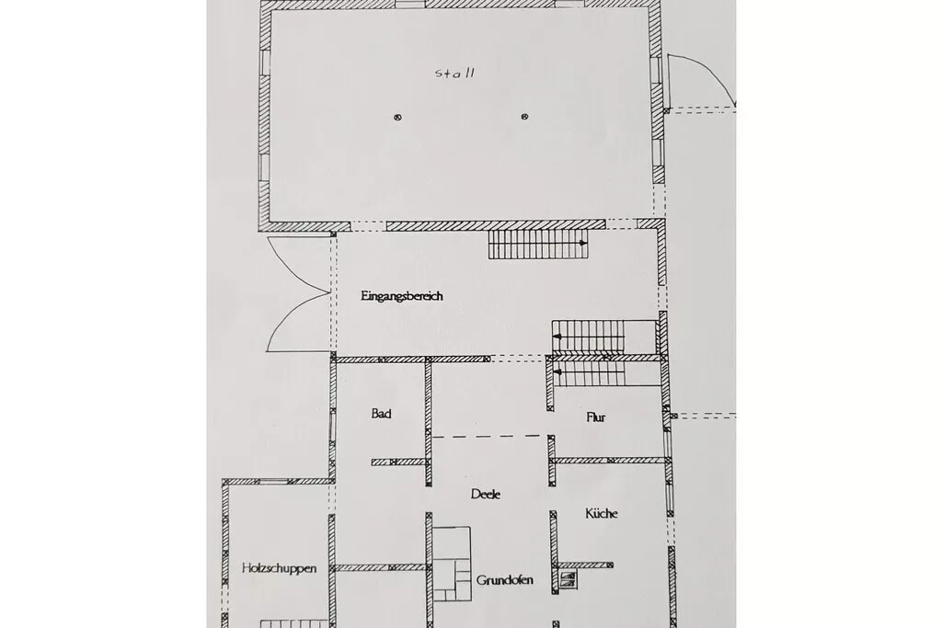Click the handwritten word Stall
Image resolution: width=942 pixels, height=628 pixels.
(454, 74)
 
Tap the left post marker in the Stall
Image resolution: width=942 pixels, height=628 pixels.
(397, 117)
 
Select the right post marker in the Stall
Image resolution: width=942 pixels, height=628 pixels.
(524, 117)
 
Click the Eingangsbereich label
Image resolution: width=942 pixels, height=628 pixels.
(401, 296)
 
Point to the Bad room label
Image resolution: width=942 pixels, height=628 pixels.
(382, 414)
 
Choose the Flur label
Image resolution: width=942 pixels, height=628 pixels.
(595, 417)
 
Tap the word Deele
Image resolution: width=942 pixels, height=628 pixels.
(486, 495)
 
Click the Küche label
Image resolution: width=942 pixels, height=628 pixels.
(602, 513)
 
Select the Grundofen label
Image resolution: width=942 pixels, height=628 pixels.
(505, 580)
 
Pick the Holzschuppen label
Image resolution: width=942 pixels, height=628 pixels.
(280, 568)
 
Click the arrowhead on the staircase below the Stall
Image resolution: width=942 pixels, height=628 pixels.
(582, 243)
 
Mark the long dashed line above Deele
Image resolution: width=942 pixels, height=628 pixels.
(488, 437)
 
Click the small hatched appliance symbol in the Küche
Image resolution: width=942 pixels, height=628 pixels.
(568, 579)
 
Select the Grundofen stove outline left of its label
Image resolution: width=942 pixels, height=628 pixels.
(452, 565)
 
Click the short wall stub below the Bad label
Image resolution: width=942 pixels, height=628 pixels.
(399, 462)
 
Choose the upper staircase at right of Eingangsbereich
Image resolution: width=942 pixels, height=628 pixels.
(603, 337)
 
